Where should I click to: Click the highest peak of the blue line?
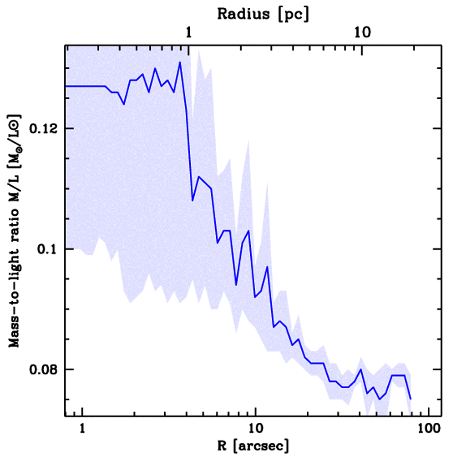pyautogui.click(x=180, y=62)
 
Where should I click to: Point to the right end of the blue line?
pyautogui.click(x=410, y=399)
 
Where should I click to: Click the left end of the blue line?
pyautogui.click(x=66, y=86)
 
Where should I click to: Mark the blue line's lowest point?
pyautogui.click(x=379, y=399)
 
